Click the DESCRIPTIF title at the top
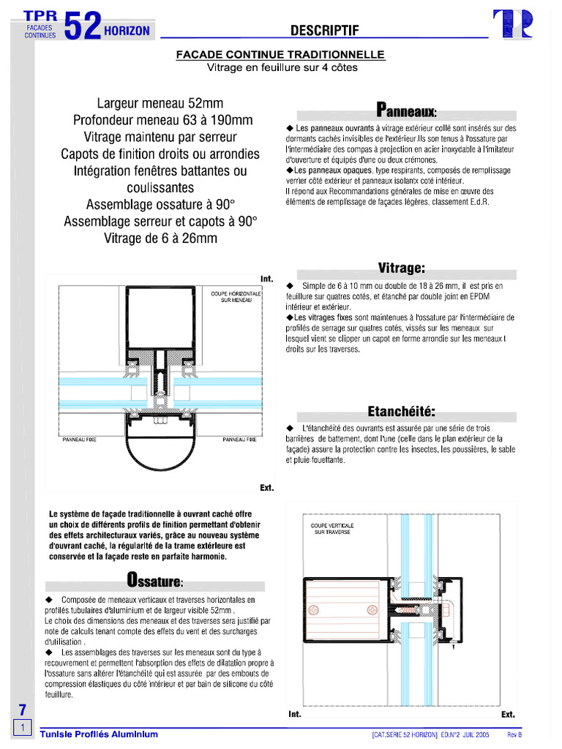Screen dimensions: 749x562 click(324, 30)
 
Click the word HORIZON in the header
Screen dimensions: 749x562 click(127, 31)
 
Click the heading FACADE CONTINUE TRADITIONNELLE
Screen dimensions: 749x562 click(280, 55)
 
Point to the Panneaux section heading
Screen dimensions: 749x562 click(406, 111)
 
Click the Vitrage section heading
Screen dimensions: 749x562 click(401, 268)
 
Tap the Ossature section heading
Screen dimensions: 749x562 click(154, 581)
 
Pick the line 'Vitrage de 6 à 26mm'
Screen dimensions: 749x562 click(160, 238)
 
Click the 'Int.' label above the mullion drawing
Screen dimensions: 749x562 click(266, 279)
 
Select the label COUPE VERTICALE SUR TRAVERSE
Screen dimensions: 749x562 click(332, 529)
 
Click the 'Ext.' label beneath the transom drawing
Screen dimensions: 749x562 click(508, 714)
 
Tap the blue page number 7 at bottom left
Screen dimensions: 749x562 click(22, 709)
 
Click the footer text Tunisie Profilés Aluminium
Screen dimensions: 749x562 click(99, 734)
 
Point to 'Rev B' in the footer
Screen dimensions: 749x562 click(515, 734)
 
